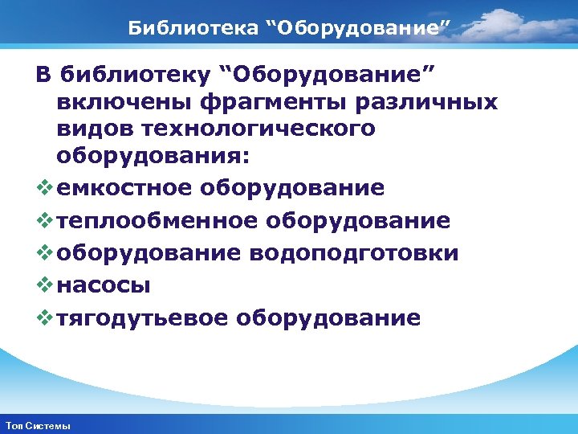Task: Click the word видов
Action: pyautogui.click(x=91, y=129)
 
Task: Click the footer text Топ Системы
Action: pyautogui.click(x=38, y=425)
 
